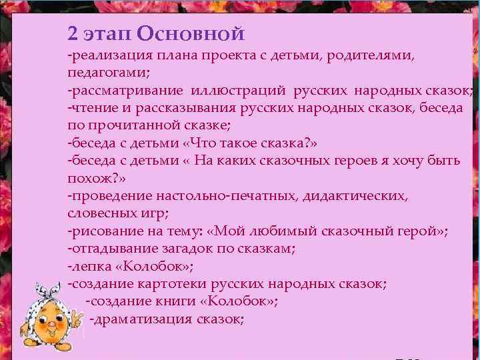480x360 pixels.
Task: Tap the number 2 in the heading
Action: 73,33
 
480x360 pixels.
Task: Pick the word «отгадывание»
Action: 109,249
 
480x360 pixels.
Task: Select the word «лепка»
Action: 85,267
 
